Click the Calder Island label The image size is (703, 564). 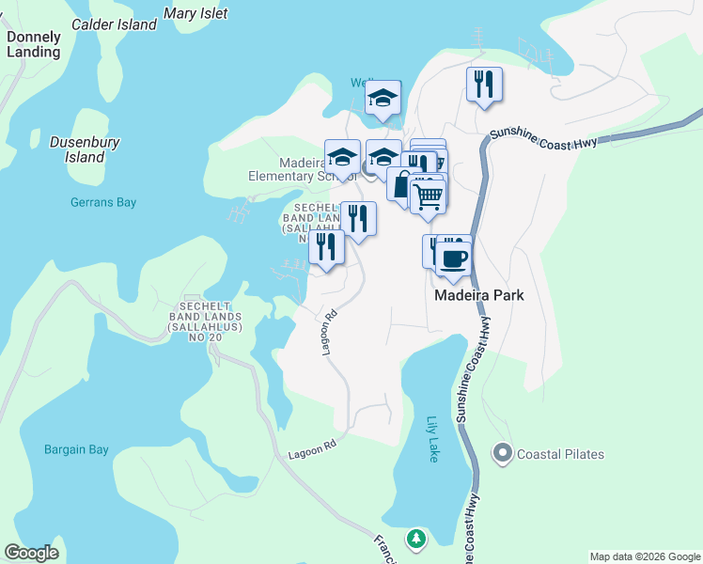[x=114, y=25]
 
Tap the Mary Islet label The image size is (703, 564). [x=195, y=14]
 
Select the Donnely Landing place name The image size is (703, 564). [x=33, y=45]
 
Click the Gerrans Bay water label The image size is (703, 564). [x=103, y=201]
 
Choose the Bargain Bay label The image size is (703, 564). [x=76, y=449]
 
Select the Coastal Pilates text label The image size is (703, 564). [x=561, y=454]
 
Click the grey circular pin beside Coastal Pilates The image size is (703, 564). [x=502, y=454]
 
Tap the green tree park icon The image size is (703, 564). [x=415, y=539]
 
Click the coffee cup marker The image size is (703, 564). [x=453, y=258]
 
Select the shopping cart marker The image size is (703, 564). [x=428, y=196]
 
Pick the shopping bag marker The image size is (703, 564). [x=403, y=183]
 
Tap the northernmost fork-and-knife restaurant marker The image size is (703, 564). [x=484, y=85]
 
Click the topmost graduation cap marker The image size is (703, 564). [x=383, y=98]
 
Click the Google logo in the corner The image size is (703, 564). [x=31, y=553]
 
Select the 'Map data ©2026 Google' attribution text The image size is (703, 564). [x=645, y=556]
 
